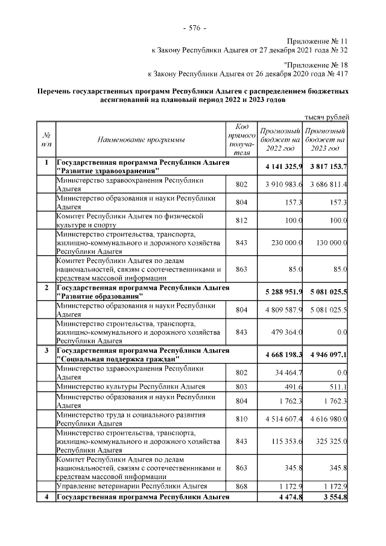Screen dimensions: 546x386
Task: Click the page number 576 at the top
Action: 194,28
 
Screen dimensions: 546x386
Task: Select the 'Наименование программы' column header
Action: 141,140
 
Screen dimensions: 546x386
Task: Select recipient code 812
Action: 241,220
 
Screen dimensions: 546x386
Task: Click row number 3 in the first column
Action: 46,350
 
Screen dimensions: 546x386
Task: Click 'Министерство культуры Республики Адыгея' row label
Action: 131,387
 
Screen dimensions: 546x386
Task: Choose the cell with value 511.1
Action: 336,387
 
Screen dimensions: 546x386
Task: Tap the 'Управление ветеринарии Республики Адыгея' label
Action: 132,486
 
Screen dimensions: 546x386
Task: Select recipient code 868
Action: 241,486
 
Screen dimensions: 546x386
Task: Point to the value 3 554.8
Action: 334,497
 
